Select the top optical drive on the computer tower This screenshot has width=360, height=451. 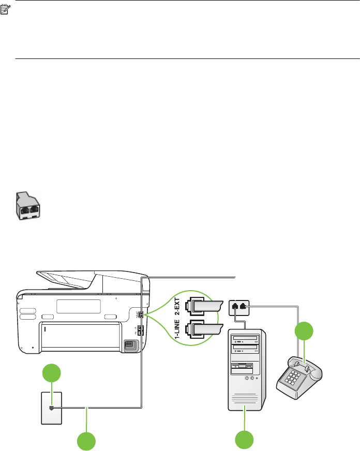pos(247,339)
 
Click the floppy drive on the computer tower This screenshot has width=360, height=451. pos(244,368)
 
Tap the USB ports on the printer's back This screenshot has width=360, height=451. pos(140,332)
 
